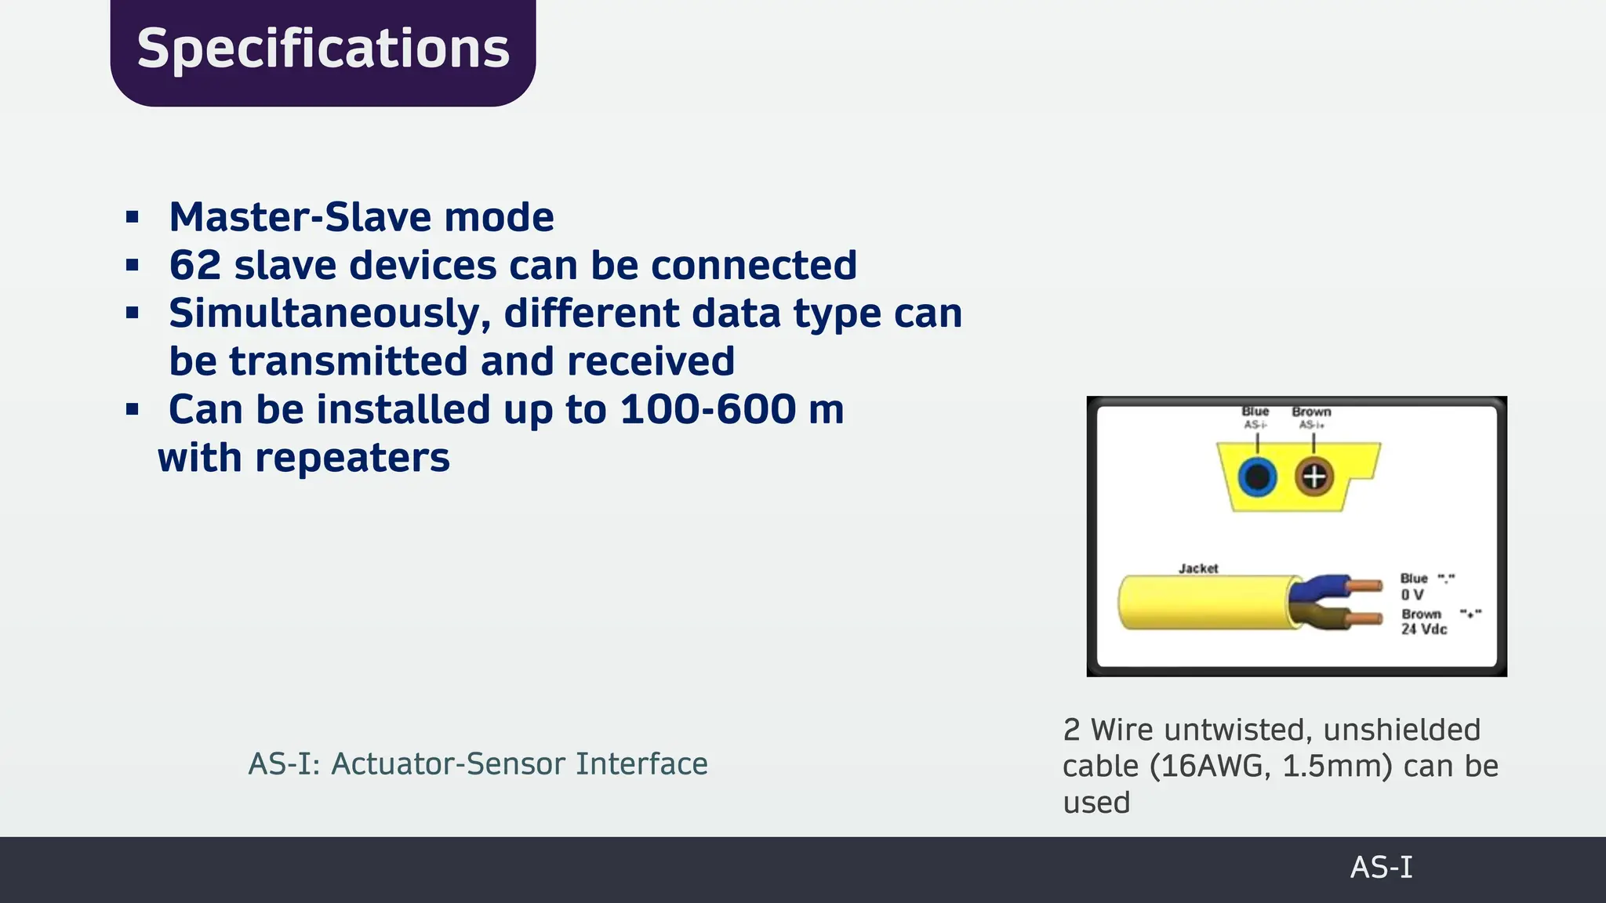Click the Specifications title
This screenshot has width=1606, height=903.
[x=323, y=49]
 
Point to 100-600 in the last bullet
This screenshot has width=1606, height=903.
[x=708, y=409]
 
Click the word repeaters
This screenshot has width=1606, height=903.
[x=352, y=458]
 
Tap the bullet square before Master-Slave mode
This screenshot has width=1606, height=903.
[x=133, y=217]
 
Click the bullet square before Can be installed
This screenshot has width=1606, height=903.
[x=133, y=409]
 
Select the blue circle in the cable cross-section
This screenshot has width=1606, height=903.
[x=1258, y=477]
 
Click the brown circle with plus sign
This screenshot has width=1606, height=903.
[x=1314, y=477]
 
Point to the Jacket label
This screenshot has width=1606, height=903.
[x=1198, y=568]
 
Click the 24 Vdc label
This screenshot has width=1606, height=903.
[x=1424, y=629]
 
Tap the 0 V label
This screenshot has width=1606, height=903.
[x=1412, y=595]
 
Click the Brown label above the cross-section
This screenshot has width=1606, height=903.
[x=1311, y=412]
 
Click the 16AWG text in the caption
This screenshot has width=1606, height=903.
[x=1212, y=766]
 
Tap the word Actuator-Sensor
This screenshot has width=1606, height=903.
[x=449, y=763]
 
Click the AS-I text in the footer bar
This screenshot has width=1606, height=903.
[x=1381, y=868]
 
